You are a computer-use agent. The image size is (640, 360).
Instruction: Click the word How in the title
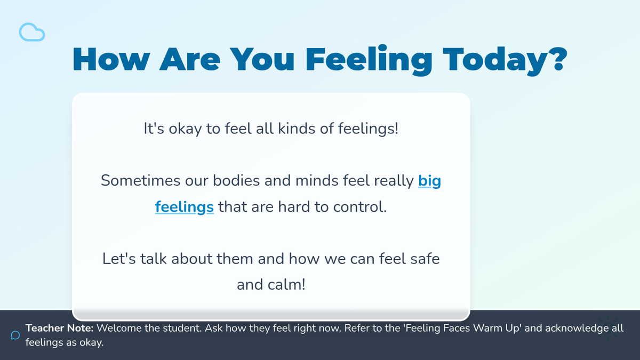[x=111, y=59]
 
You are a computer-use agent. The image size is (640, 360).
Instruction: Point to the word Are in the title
[x=190, y=59]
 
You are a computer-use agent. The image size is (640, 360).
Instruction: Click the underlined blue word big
[x=429, y=181]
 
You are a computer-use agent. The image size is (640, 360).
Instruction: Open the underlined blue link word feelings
[x=185, y=207]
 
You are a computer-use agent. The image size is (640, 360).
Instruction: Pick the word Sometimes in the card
[x=140, y=181]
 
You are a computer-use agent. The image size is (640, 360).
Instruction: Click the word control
[x=359, y=207]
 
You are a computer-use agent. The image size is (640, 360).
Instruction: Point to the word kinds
[x=297, y=129]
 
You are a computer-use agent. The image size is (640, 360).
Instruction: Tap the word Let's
[x=119, y=259]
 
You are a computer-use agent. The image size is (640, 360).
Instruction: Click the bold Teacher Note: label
[x=59, y=328]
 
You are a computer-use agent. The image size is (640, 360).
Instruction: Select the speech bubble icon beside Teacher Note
[x=15, y=335]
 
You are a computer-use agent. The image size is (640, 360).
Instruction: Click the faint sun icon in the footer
[x=608, y=328]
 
